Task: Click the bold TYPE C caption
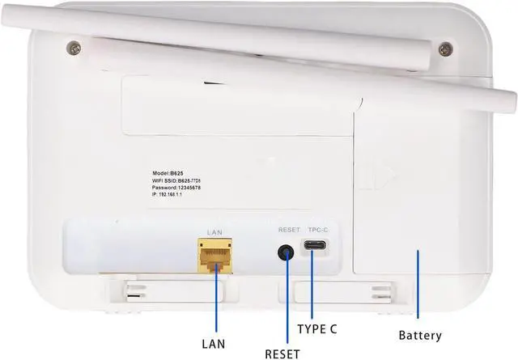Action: pos(317,329)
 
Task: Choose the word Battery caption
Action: pos(420,335)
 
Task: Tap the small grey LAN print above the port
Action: pos(214,232)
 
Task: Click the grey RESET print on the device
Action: pos(289,231)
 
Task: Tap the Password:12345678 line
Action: pos(176,188)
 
